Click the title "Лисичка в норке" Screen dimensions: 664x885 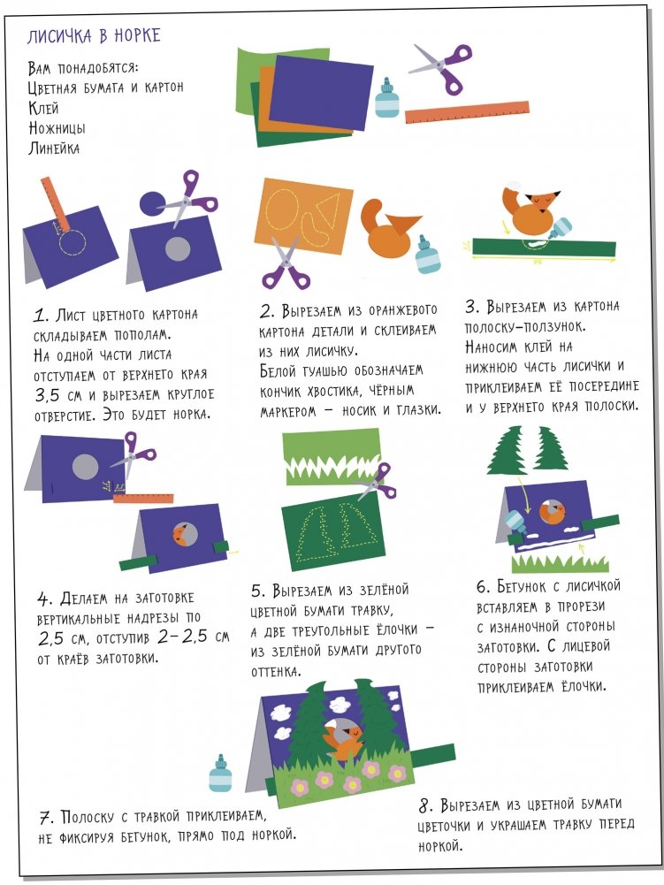coord(94,36)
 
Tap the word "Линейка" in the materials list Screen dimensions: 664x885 coord(54,149)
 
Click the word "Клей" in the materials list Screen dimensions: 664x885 coord(43,107)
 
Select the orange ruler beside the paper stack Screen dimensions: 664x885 coord(467,112)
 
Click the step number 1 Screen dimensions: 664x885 coord(39,316)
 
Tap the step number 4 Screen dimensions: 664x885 coord(43,599)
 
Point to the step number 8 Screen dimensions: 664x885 coord(426,806)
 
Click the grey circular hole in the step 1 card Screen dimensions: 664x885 coord(178,249)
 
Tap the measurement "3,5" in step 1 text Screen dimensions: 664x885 coord(48,396)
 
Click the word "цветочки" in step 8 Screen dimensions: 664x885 coord(444,826)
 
